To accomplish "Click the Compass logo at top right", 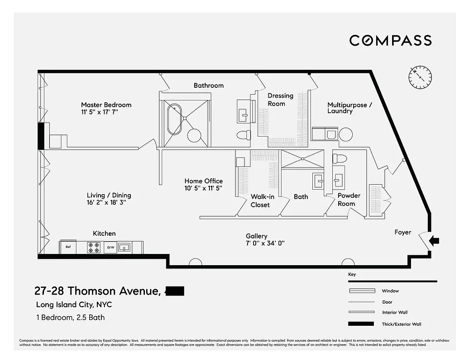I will pos(390,40).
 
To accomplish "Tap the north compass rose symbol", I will pos(421,77).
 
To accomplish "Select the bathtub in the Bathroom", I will pos(174,119).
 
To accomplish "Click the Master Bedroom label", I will pos(106,105).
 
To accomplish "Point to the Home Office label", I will pos(203,181).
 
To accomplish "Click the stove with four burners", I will pos(94,248).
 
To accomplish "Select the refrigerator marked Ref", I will pos(68,248).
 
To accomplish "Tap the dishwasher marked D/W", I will pos(110,248).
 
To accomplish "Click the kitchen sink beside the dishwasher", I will pos(124,248).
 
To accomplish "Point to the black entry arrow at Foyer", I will pos(434,241).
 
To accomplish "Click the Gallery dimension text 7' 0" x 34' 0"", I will pos(265,243).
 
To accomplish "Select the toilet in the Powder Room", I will pos(340,159).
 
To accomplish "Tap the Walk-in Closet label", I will pos(260,200).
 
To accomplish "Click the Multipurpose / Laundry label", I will pos(349,108).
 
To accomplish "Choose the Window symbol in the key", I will pos(361,291).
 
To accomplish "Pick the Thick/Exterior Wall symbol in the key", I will pos(361,324).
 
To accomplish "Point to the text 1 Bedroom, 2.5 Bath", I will pos(70,317).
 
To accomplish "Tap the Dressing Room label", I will pos(280,100).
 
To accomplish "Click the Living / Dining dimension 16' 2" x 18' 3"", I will pos(106,203).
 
